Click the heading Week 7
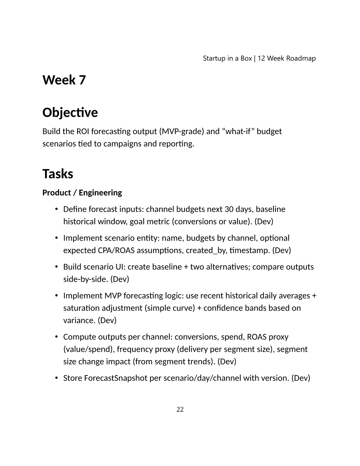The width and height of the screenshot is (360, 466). (64, 80)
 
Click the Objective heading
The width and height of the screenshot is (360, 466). (70, 112)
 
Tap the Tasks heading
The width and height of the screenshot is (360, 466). (58, 174)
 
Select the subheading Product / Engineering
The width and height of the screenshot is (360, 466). (82, 193)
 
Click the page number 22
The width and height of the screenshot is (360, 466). (180, 409)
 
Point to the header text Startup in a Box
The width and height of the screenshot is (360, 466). (227, 58)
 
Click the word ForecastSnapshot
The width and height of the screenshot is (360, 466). (116, 378)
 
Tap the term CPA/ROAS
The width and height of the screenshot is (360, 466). (116, 250)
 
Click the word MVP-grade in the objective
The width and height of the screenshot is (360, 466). (181, 131)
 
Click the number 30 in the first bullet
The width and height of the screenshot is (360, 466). (229, 209)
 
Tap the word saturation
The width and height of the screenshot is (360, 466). (81, 308)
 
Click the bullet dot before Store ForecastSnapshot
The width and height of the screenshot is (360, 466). (56, 378)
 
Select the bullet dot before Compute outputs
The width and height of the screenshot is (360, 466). (56, 337)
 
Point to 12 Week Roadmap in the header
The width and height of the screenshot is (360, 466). (287, 58)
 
